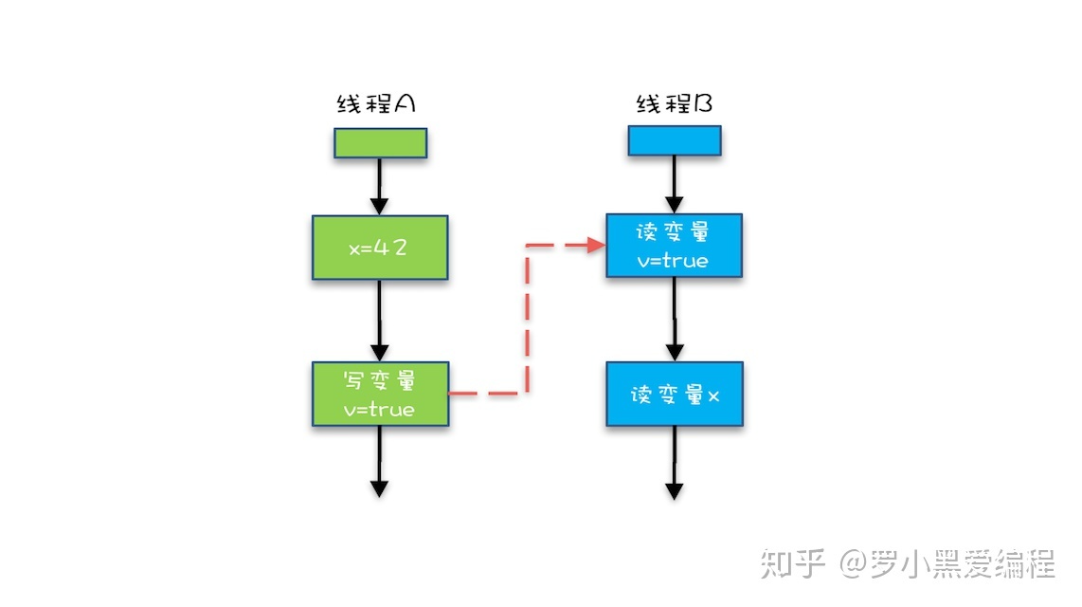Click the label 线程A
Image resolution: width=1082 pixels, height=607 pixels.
pyautogui.click(x=376, y=104)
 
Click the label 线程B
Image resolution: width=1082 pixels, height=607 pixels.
pyautogui.click(x=674, y=103)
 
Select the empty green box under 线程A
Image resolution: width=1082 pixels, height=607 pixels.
pyautogui.click(x=380, y=143)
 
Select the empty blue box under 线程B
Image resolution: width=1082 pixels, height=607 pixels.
pyautogui.click(x=675, y=140)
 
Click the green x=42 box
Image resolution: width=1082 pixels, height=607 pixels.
pyautogui.click(x=380, y=248)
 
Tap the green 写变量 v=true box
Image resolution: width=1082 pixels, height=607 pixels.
pyautogui.click(x=380, y=393)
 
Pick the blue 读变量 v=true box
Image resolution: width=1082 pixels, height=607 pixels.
pyautogui.click(x=674, y=245)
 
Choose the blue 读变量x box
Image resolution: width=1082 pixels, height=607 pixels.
pyautogui.click(x=674, y=394)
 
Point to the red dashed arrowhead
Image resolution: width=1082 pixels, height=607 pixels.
pyautogui.click(x=597, y=246)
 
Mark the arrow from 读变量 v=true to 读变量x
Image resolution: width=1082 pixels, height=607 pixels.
pyautogui.click(x=674, y=319)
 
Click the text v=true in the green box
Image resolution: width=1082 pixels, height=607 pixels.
pyautogui.click(x=379, y=411)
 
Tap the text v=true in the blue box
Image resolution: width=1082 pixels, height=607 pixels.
pyautogui.click(x=674, y=261)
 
